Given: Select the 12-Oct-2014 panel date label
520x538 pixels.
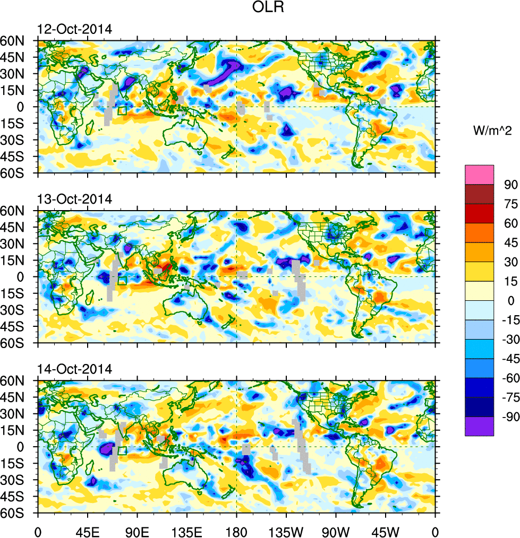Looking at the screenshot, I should (x=74, y=30).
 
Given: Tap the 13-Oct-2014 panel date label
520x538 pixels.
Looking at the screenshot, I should (x=74, y=199).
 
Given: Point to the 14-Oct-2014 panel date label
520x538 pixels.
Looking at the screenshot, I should (x=74, y=369).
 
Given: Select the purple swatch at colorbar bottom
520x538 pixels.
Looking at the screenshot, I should (x=479, y=427).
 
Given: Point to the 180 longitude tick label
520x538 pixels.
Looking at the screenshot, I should (x=236, y=530).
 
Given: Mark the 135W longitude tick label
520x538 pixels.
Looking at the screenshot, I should (x=286, y=530).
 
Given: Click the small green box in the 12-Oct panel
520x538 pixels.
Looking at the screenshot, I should (x=122, y=110).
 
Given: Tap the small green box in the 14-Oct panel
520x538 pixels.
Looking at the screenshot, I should (x=122, y=450).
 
